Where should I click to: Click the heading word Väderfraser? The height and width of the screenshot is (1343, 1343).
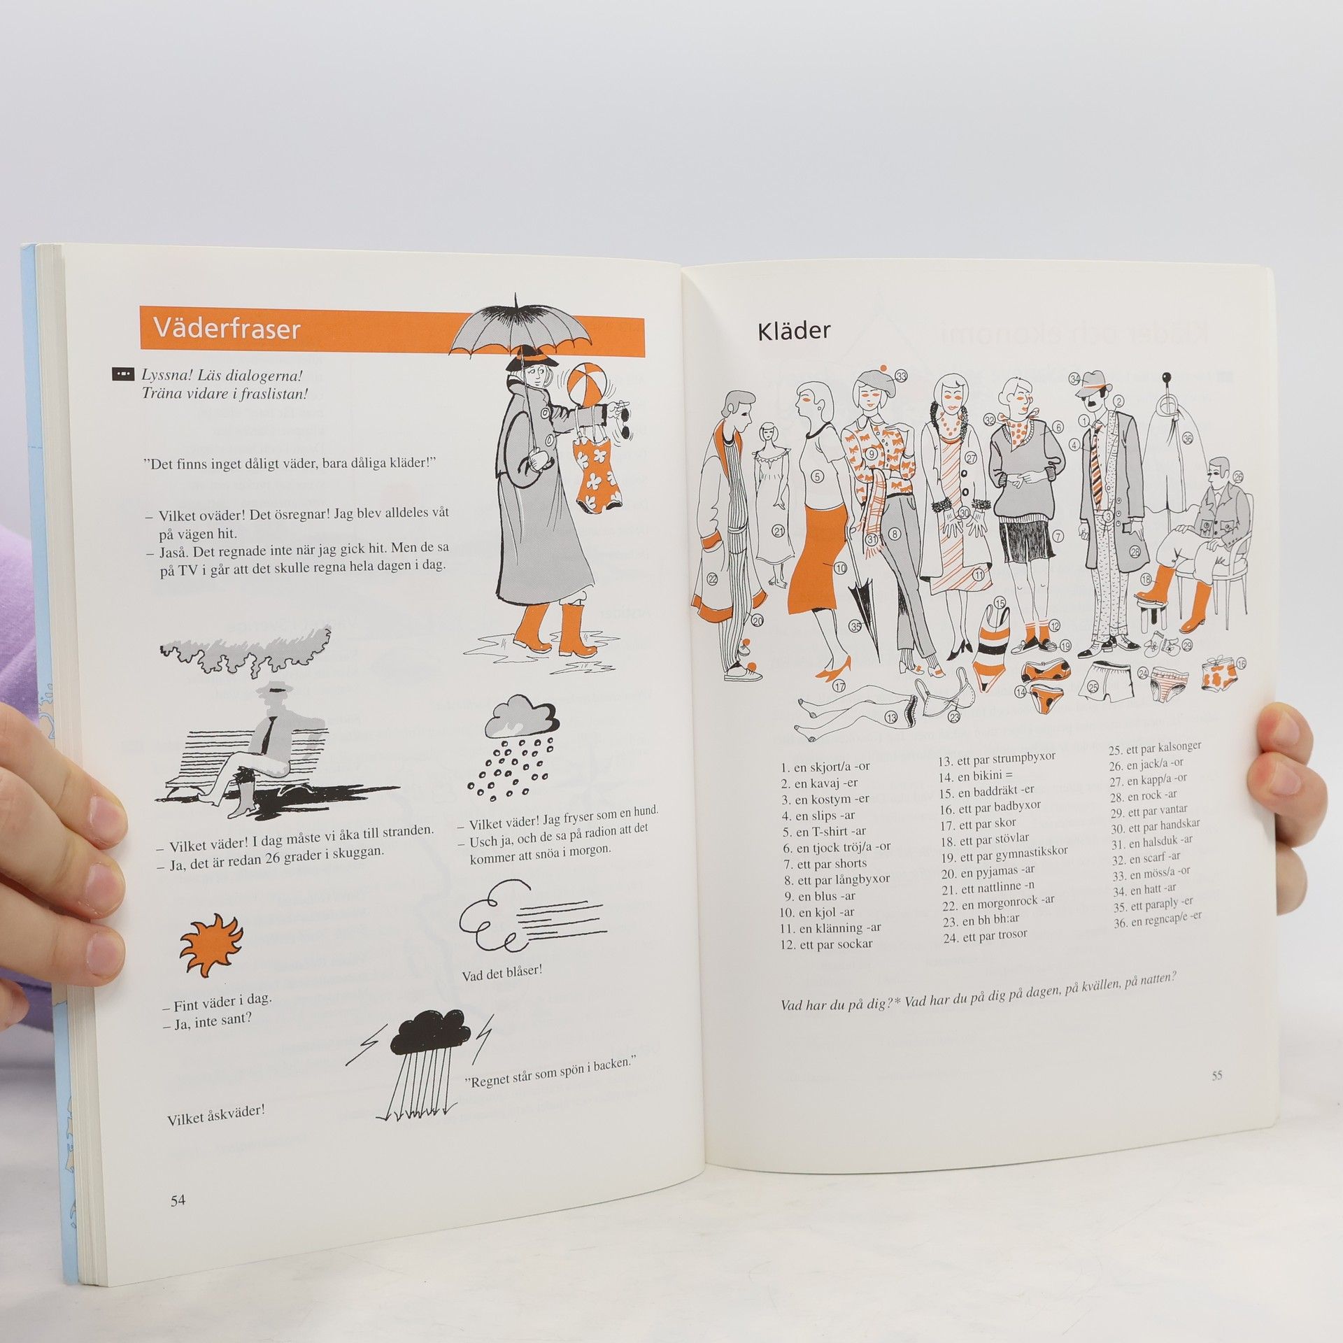[227, 329]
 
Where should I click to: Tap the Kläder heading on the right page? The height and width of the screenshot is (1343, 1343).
[793, 332]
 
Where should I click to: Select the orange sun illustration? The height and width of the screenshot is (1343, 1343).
[211, 946]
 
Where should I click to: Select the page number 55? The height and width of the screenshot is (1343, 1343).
[1217, 1095]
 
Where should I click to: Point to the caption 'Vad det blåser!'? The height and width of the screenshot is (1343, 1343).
[502, 974]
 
